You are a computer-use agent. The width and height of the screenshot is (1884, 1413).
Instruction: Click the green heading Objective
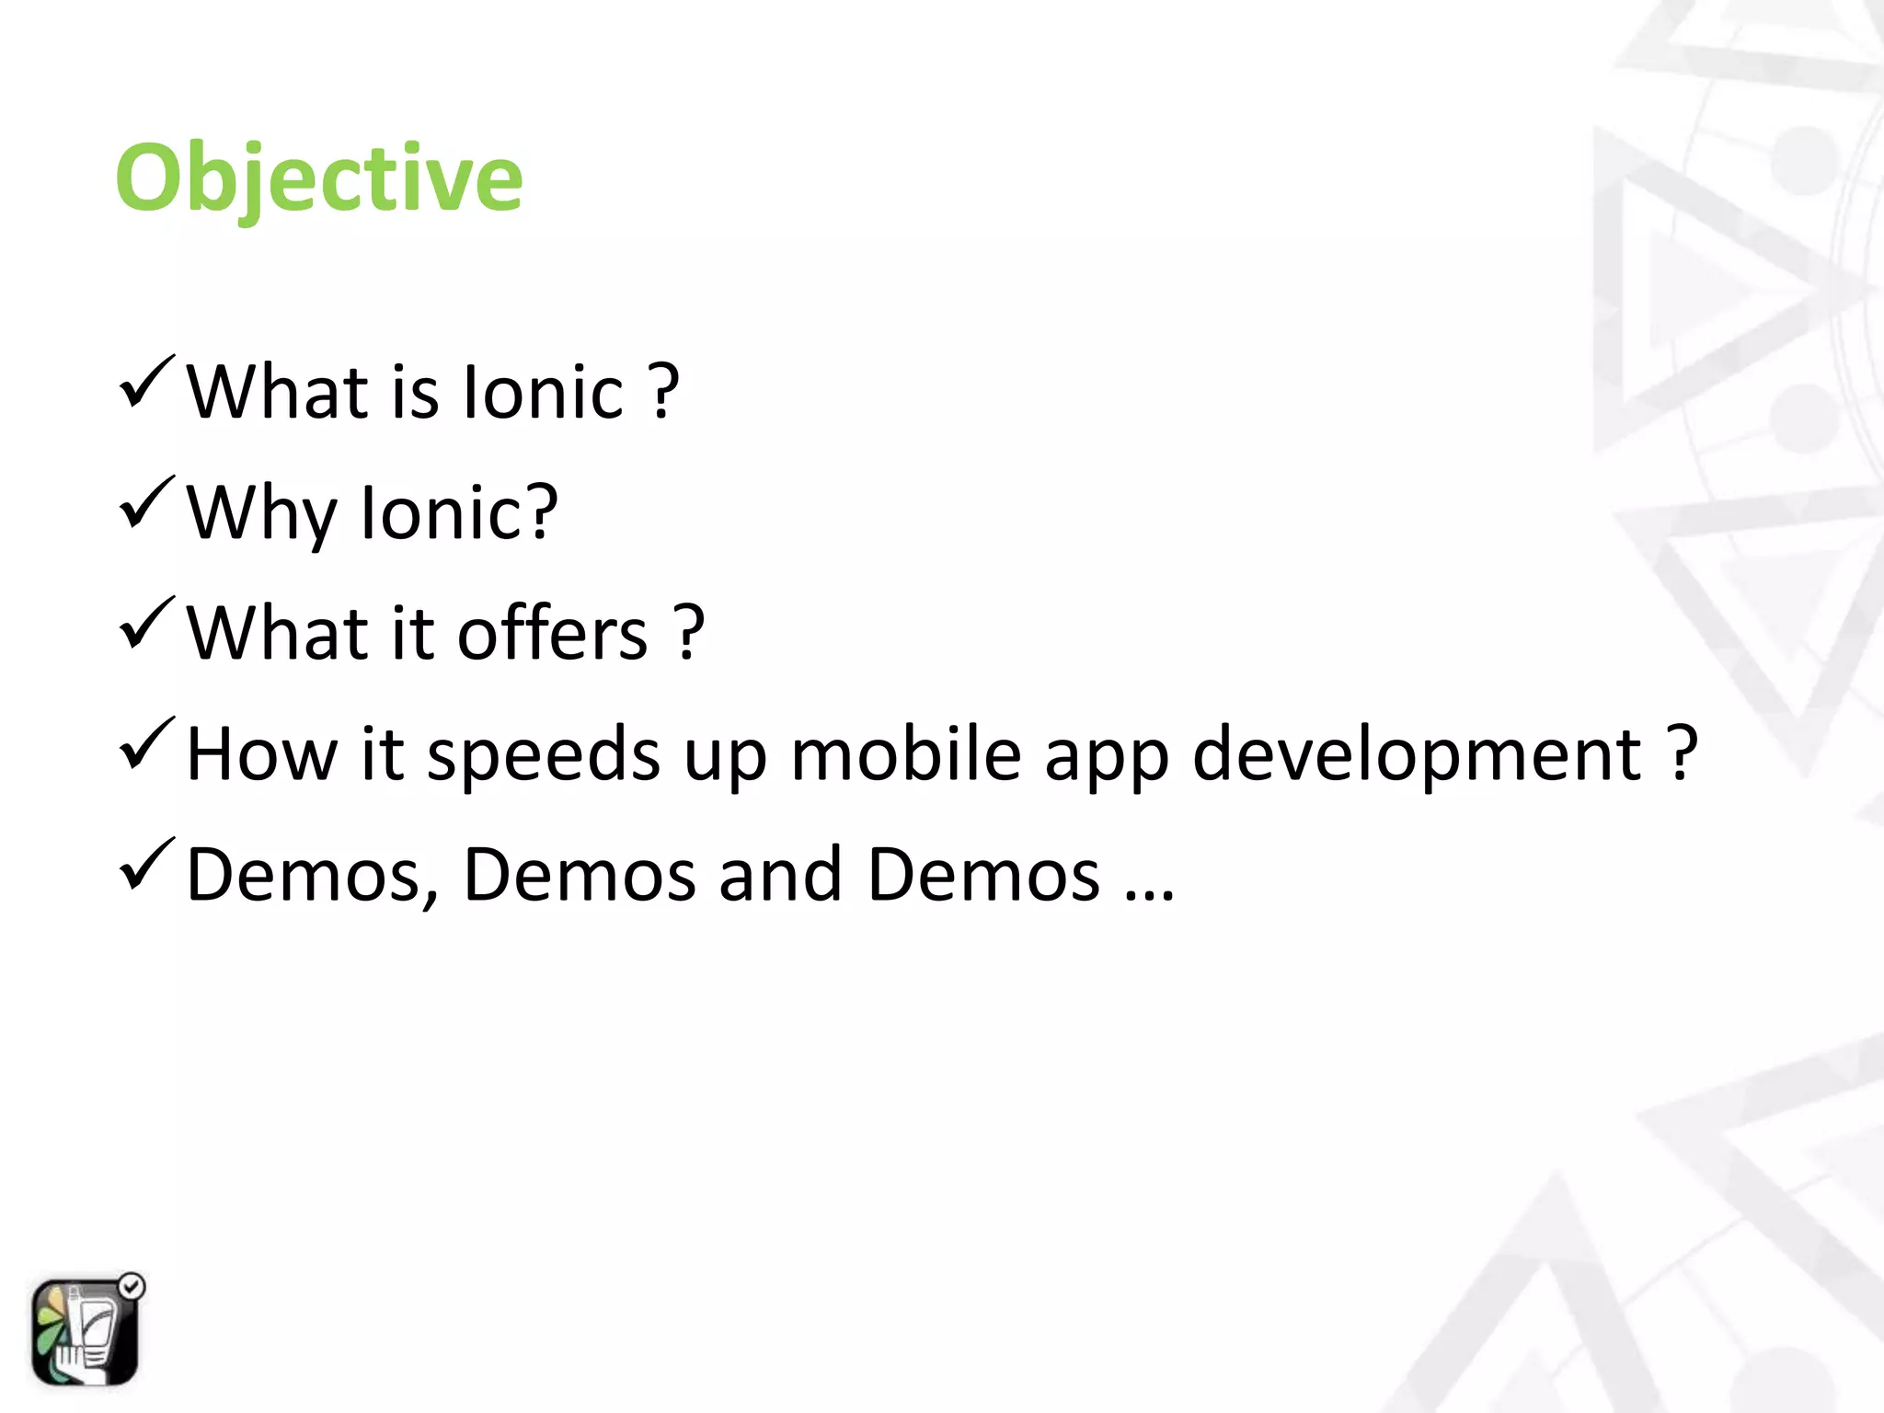click(318, 178)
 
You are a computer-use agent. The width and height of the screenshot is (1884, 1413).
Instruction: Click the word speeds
click(544, 754)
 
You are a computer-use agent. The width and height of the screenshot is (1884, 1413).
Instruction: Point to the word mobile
click(905, 754)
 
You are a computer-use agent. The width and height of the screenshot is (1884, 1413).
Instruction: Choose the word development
click(1417, 754)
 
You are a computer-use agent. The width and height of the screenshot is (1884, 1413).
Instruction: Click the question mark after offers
click(689, 632)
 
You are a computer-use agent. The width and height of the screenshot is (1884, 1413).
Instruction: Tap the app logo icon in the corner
click(85, 1332)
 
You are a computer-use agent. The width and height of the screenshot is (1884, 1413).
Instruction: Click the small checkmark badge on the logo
click(132, 1286)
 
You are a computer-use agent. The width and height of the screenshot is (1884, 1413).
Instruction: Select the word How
click(262, 754)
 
